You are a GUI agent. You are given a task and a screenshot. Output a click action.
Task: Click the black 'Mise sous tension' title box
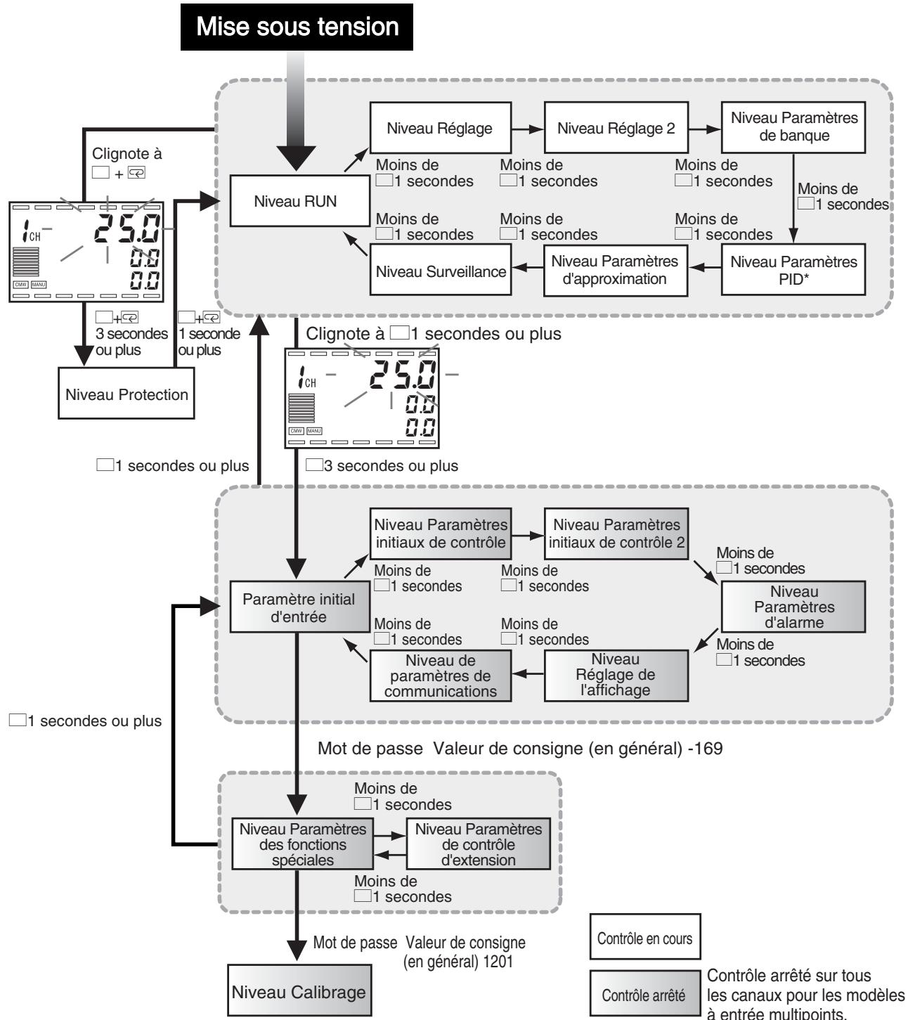coord(297,27)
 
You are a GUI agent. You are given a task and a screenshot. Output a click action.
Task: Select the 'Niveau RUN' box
coord(300,201)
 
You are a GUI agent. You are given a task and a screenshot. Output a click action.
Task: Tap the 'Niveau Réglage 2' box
coord(616,128)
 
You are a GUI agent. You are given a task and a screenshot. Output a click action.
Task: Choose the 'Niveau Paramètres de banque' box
coord(793,127)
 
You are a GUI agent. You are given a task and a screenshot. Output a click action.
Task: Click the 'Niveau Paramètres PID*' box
coord(793,270)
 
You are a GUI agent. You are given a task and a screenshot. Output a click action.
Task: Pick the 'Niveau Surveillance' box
coord(441,271)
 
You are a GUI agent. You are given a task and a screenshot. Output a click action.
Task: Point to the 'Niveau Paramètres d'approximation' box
coord(616,271)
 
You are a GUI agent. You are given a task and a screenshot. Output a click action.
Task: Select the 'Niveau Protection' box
coord(127,393)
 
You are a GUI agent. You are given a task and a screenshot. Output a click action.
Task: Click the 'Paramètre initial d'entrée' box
coord(300,607)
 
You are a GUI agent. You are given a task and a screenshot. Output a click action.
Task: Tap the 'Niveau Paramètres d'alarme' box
coord(793,607)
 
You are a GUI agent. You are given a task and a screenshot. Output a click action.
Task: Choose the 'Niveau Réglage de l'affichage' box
coord(616,676)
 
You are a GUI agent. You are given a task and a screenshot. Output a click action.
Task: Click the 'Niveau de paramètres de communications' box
coord(441,676)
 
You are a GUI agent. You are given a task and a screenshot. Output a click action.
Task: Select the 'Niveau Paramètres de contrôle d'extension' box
coord(478,844)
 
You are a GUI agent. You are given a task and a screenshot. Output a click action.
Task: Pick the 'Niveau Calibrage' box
coord(299,990)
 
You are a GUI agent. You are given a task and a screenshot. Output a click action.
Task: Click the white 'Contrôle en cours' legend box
coord(645,936)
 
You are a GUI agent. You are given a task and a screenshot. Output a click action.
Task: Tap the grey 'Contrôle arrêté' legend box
coord(645,993)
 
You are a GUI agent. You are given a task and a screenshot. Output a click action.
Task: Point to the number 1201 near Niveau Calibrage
coord(498,962)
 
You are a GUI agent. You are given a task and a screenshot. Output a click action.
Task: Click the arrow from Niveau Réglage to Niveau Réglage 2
coord(528,129)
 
